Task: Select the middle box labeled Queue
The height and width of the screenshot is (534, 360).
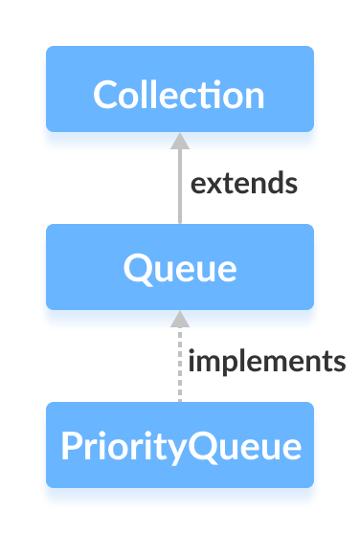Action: tap(179, 267)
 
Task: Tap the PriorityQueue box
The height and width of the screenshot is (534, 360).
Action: tap(179, 445)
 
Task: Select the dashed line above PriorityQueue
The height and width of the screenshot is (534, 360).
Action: tap(179, 368)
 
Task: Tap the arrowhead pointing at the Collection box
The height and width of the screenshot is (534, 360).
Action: tap(179, 141)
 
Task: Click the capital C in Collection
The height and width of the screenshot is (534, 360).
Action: tap(104, 96)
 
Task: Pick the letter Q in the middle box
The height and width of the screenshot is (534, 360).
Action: tap(135, 269)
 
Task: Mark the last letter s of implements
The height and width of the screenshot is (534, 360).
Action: tap(338, 364)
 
